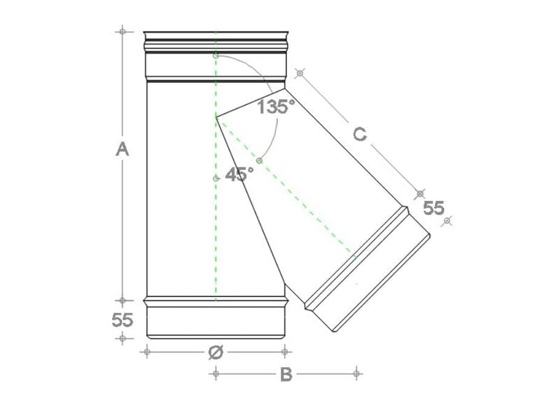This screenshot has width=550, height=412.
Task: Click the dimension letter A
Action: click(x=122, y=149)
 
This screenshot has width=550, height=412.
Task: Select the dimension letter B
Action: click(x=287, y=374)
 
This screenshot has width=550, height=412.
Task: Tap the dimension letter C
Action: click(x=360, y=135)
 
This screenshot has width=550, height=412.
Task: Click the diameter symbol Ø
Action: click(x=216, y=352)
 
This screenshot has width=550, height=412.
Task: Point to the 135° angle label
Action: click(x=276, y=107)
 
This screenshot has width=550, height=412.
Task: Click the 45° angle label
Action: click(x=239, y=174)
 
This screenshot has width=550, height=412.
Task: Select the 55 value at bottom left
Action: click(x=122, y=320)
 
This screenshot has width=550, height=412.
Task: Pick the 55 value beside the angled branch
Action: click(x=434, y=208)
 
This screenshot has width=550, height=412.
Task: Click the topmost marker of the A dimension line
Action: click(x=122, y=32)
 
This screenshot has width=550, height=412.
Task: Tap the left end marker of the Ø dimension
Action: click(x=147, y=351)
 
